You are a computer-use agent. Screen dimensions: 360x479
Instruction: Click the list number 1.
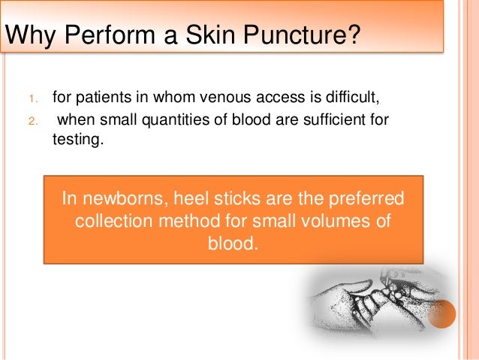(32, 98)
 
